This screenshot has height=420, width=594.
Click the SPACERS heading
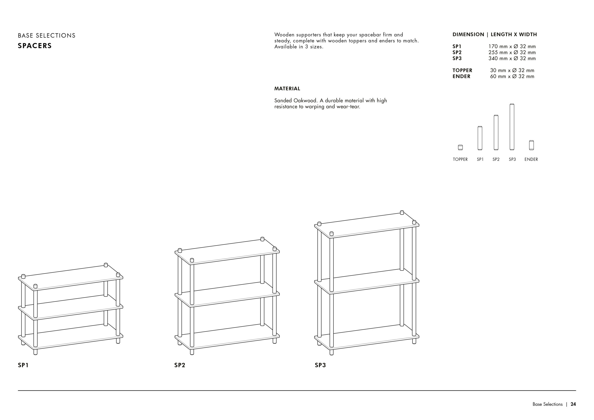[x=35, y=46]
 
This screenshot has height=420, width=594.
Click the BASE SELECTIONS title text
[x=47, y=36]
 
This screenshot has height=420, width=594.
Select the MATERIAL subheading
[x=287, y=88]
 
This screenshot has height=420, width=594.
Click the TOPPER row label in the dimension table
[x=462, y=70]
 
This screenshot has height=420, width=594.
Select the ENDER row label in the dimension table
[x=461, y=76]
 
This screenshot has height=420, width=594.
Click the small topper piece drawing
[x=460, y=147]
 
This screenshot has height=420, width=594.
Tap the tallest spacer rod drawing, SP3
[x=512, y=127]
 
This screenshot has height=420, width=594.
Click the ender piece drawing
[x=531, y=145]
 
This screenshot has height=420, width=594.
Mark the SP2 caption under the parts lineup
[x=496, y=159]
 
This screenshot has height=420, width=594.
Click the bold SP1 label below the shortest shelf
[x=23, y=365]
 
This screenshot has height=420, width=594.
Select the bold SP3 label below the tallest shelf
[x=320, y=365]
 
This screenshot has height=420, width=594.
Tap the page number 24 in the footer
[x=573, y=404]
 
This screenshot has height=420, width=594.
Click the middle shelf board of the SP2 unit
[x=227, y=294]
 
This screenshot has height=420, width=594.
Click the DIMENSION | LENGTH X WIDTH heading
[x=495, y=34]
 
